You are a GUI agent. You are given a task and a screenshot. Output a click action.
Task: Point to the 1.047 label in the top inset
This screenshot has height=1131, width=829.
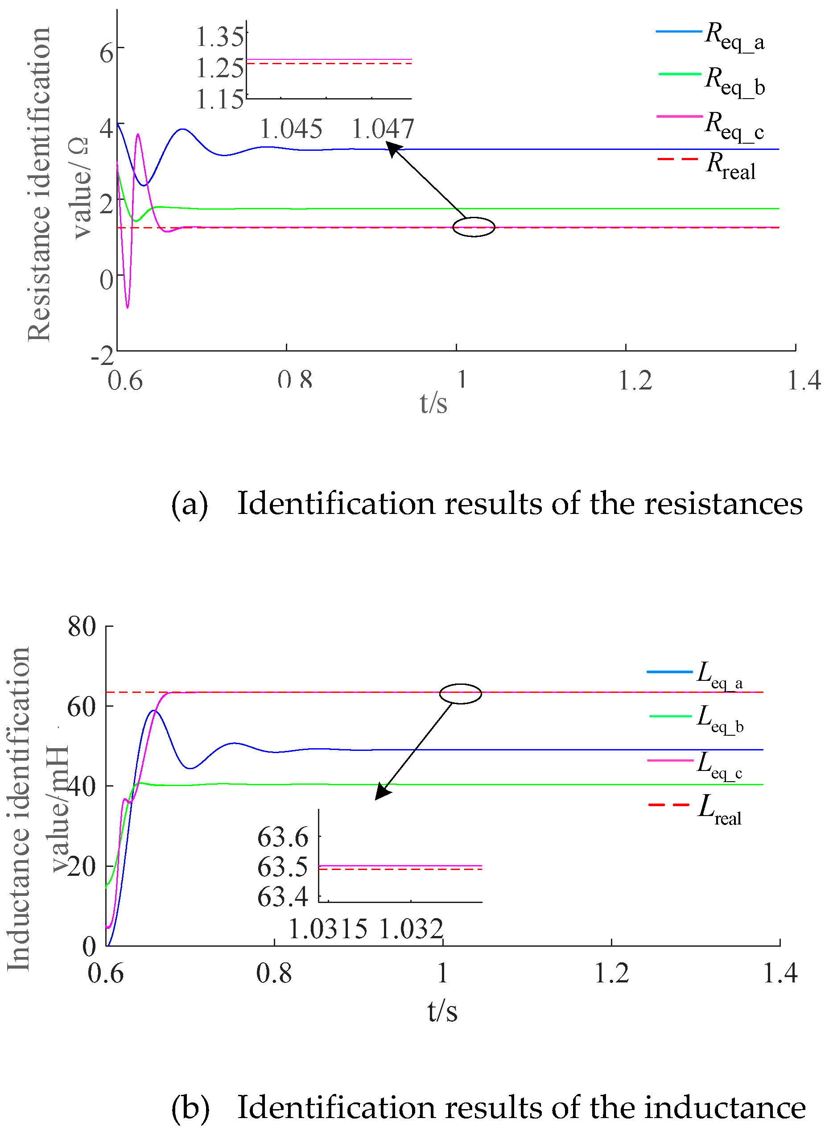click(382, 129)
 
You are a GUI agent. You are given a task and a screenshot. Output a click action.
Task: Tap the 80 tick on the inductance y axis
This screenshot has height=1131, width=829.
click(82, 626)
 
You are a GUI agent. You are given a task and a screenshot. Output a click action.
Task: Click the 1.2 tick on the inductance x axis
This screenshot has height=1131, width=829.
click(611, 974)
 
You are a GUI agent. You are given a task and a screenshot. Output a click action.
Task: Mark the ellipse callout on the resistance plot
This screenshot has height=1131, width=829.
click(474, 227)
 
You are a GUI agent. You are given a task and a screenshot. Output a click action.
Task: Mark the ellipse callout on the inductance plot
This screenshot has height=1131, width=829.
click(460, 693)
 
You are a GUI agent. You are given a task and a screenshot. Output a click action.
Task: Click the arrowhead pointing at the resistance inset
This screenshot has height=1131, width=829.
click(393, 149)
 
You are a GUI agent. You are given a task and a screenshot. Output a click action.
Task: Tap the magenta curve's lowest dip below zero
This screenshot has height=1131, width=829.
click(128, 307)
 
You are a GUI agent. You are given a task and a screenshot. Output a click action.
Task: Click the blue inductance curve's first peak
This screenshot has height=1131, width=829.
click(153, 711)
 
